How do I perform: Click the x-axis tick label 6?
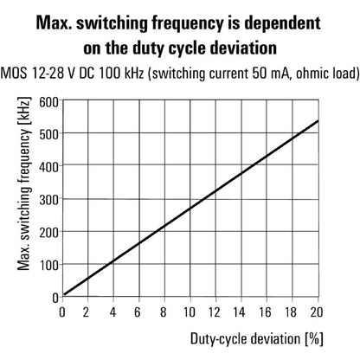pos(138,312)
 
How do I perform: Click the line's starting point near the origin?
pos(62,295)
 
